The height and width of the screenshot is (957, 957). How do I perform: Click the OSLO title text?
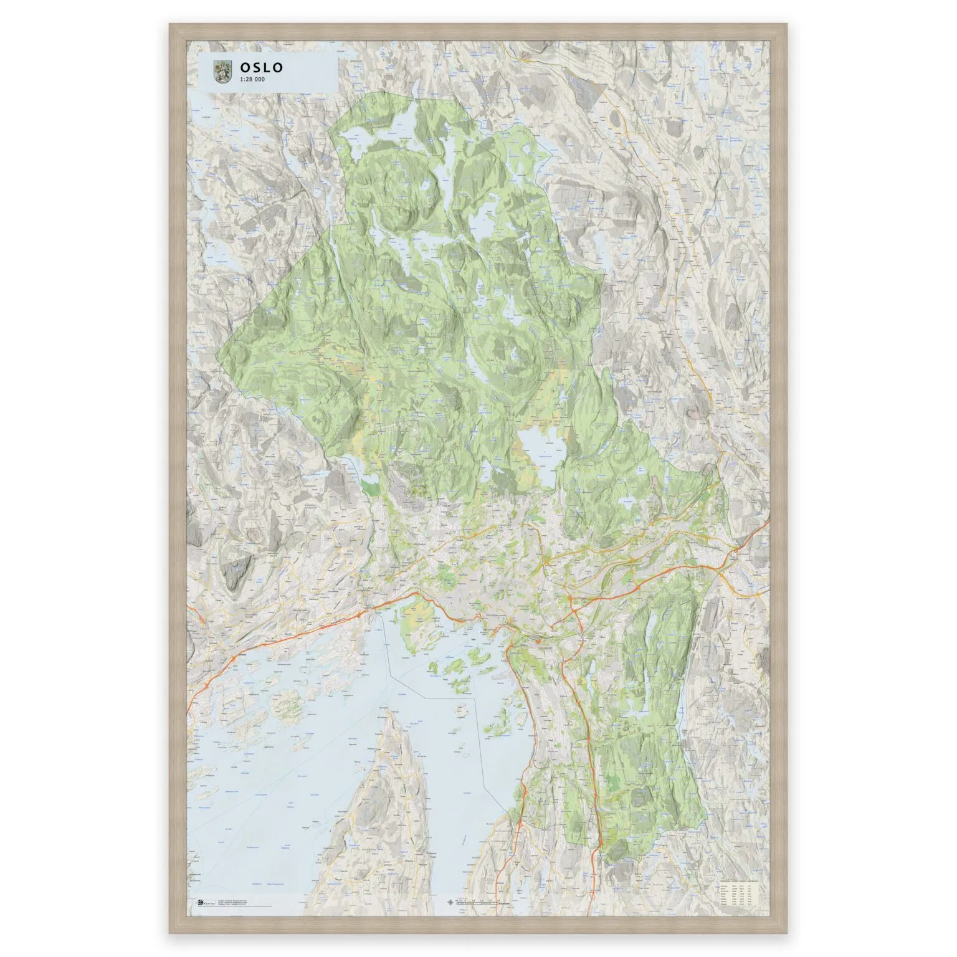click(262, 67)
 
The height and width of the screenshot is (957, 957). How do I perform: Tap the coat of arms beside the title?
click(222, 72)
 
